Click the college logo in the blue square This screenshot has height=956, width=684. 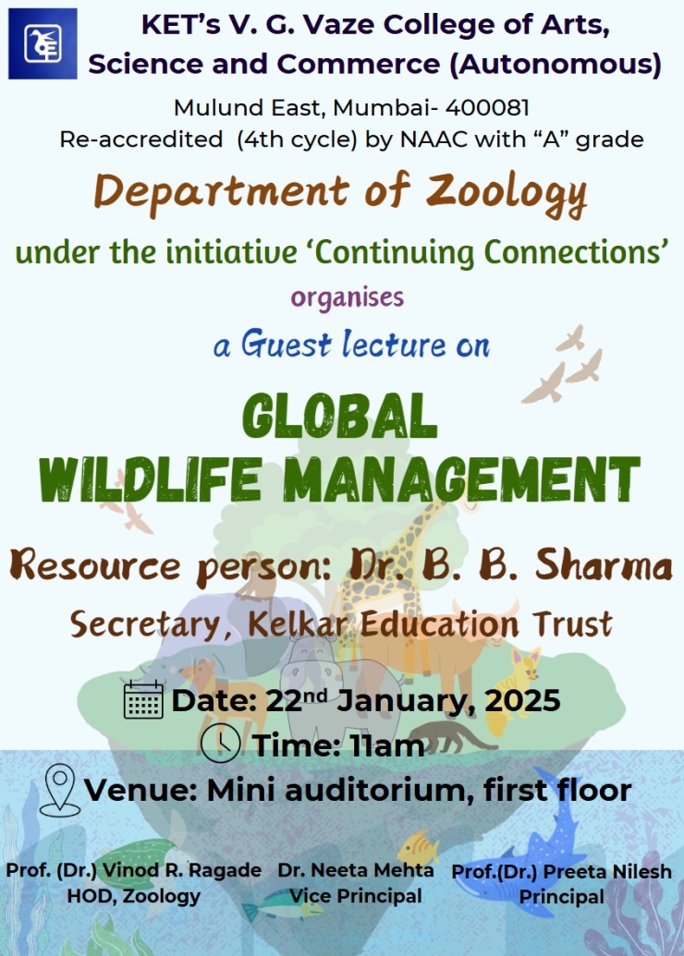click(43, 43)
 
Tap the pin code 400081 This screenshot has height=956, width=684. click(487, 108)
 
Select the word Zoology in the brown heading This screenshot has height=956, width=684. click(507, 192)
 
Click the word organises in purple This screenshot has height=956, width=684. click(348, 297)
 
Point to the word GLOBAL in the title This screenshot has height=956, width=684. click(340, 417)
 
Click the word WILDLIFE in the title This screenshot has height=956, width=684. click(150, 479)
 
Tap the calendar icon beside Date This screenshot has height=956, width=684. click(143, 700)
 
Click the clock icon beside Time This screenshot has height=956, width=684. click(220, 744)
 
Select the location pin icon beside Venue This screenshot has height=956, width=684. click(60, 790)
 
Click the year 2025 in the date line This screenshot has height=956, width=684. click(522, 700)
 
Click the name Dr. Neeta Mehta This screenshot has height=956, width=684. click(356, 870)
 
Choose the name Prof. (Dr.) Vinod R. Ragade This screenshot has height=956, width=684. click(134, 871)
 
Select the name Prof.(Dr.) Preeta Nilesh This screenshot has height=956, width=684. click(561, 872)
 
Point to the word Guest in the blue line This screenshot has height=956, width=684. click(287, 344)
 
